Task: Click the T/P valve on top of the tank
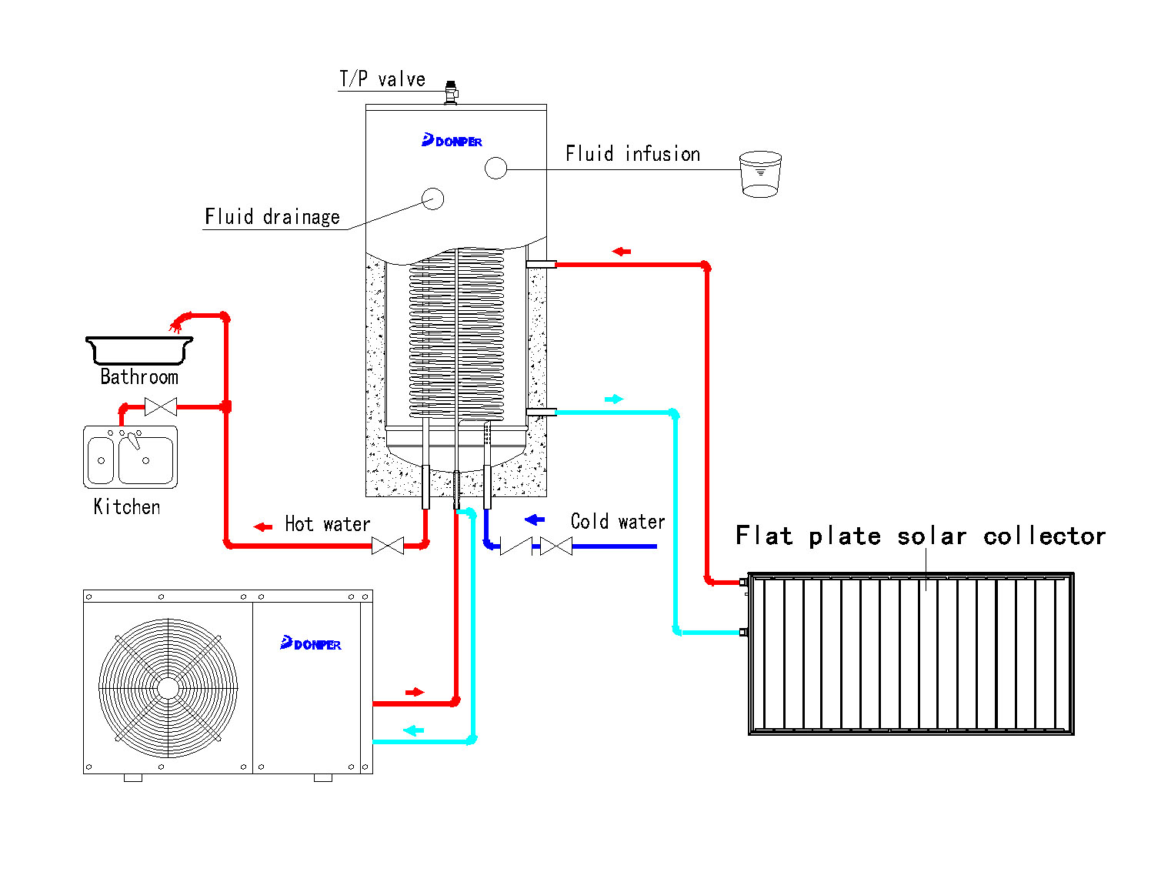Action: (x=451, y=92)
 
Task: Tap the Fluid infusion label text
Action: (x=632, y=154)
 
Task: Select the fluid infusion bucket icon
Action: (x=760, y=174)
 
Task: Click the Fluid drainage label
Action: (x=272, y=217)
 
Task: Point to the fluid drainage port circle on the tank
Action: (x=433, y=199)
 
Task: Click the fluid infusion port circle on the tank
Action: (x=496, y=168)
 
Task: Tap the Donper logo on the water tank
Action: (x=452, y=141)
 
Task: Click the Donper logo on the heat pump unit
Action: (x=311, y=643)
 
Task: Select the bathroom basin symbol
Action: (x=139, y=350)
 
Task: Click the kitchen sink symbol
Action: (x=130, y=457)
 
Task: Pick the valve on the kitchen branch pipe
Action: (x=161, y=406)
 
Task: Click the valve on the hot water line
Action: (x=388, y=546)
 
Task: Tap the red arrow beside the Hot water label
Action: (x=263, y=527)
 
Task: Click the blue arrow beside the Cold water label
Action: (x=535, y=520)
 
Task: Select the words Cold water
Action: (x=618, y=522)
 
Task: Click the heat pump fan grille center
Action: (x=168, y=687)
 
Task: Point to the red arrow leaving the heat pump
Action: (x=415, y=692)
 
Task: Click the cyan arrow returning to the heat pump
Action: (x=414, y=730)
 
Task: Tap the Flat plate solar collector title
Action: (x=920, y=536)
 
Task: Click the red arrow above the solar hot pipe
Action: (x=622, y=252)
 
